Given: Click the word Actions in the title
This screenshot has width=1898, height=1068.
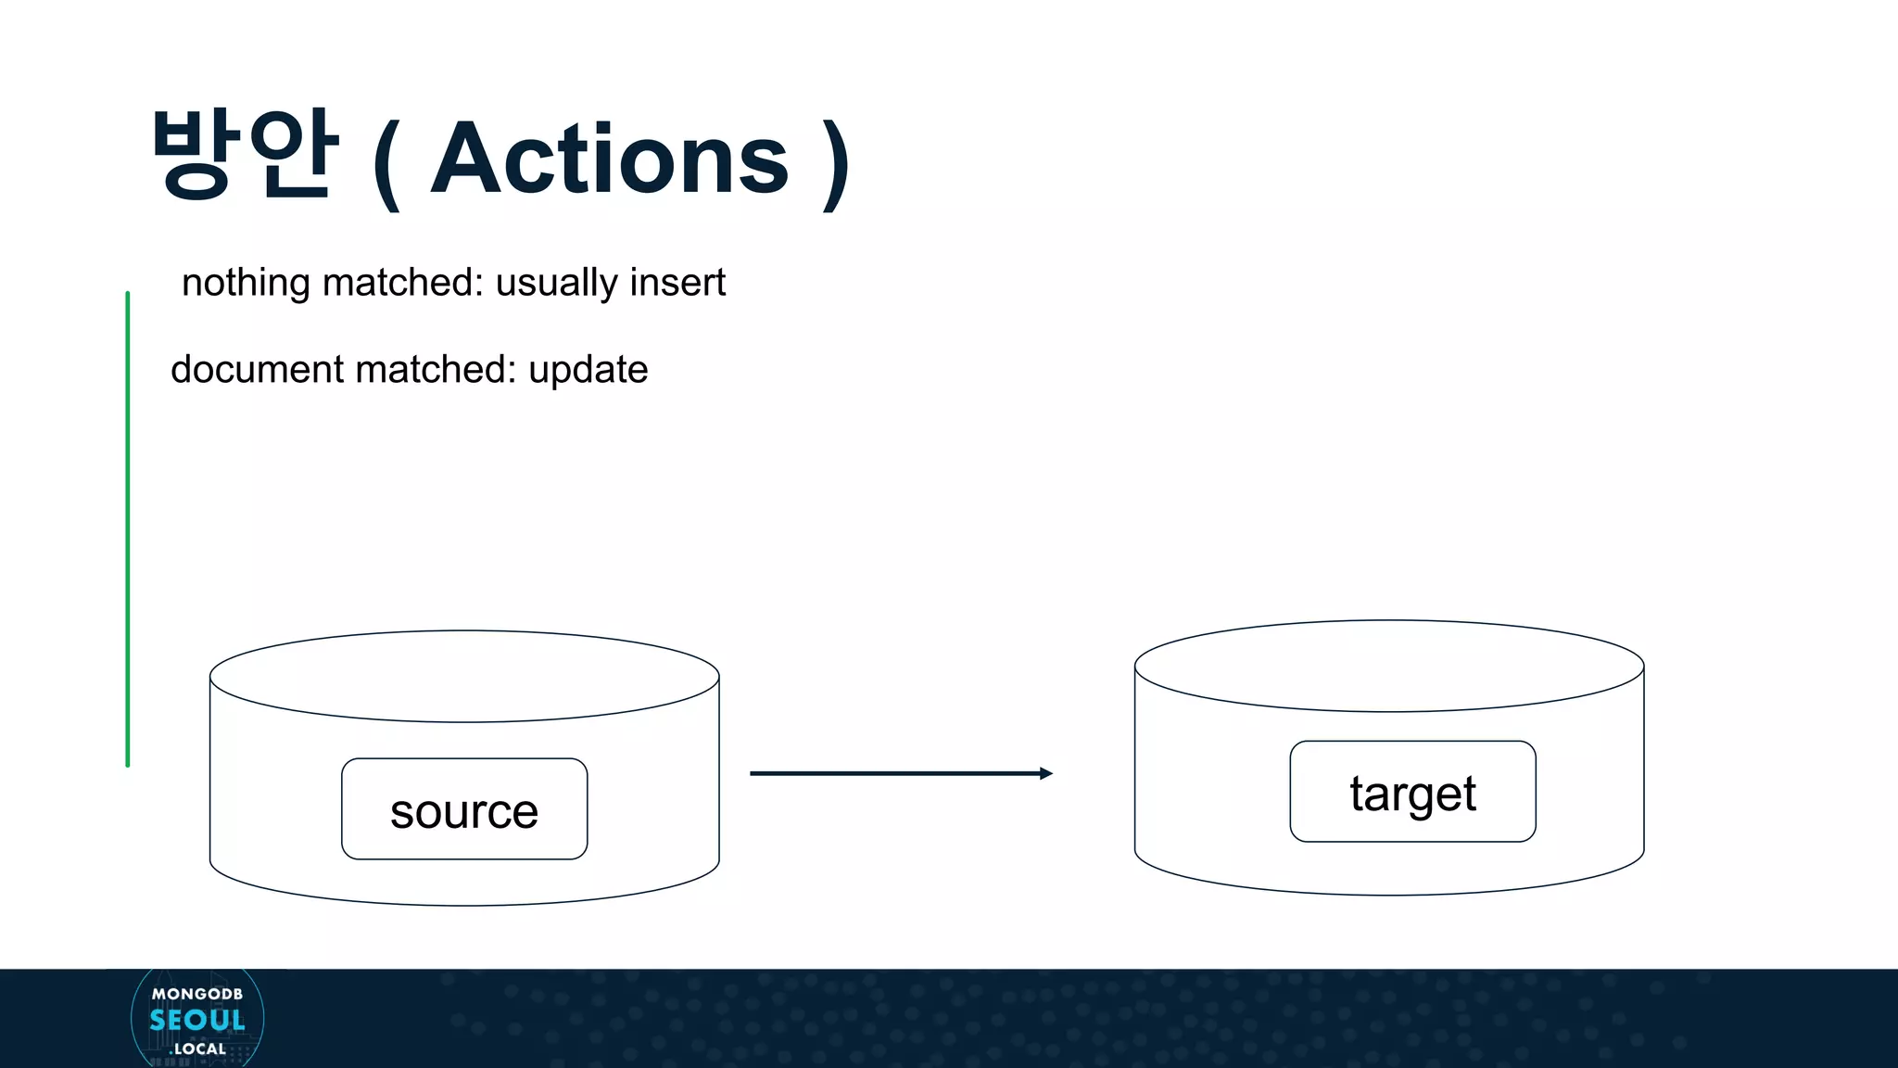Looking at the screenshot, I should click(x=610, y=159).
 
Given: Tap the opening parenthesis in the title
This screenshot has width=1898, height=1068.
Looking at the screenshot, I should click(x=386, y=165).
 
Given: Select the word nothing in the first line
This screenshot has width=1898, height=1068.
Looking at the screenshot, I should click(x=246, y=283).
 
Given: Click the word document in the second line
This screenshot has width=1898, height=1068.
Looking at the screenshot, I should click(x=257, y=369).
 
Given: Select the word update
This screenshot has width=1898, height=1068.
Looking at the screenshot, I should click(x=588, y=370).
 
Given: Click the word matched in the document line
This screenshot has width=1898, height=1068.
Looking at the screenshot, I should click(x=435, y=369).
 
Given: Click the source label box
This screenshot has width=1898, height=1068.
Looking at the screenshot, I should click(x=464, y=809).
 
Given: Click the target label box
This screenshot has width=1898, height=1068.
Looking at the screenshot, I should click(x=1412, y=792).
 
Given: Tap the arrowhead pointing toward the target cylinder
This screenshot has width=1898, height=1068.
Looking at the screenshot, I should click(x=1045, y=773).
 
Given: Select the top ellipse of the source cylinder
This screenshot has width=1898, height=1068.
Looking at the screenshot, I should click(x=464, y=676).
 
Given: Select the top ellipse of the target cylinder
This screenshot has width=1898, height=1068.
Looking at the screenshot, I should click(x=1388, y=666).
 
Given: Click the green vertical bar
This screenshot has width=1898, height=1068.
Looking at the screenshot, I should click(x=128, y=528).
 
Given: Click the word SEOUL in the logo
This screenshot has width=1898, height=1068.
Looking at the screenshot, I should click(x=197, y=1021).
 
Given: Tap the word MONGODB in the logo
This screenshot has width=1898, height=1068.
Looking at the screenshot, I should click(x=197, y=994).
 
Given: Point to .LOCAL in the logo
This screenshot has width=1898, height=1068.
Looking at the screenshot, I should click(x=199, y=1049).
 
